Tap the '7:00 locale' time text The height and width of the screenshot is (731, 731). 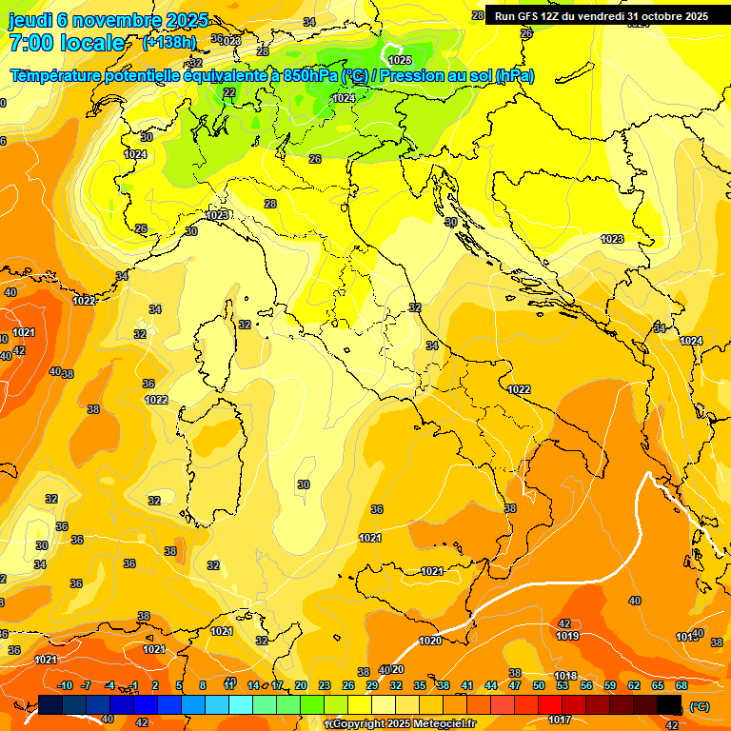click(x=67, y=43)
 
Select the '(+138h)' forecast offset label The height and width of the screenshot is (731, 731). click(x=169, y=43)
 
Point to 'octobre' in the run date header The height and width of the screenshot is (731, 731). click(x=665, y=16)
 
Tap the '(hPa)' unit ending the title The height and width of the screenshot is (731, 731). click(x=515, y=76)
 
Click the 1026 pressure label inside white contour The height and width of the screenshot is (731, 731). click(x=401, y=60)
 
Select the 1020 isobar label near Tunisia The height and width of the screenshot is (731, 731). click(x=430, y=641)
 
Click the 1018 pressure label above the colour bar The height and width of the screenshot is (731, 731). click(x=565, y=676)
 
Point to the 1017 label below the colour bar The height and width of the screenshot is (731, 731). click(x=562, y=720)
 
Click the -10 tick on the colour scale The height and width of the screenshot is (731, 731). click(x=65, y=685)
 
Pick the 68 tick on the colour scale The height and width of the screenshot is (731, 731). click(x=682, y=685)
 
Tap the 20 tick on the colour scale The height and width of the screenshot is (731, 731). click(x=301, y=685)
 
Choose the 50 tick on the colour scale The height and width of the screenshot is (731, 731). click(x=539, y=685)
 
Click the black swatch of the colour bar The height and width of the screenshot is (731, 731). click(x=669, y=704)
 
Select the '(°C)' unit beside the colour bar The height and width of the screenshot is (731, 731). click(x=699, y=706)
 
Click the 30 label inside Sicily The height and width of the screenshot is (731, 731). click(x=304, y=484)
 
